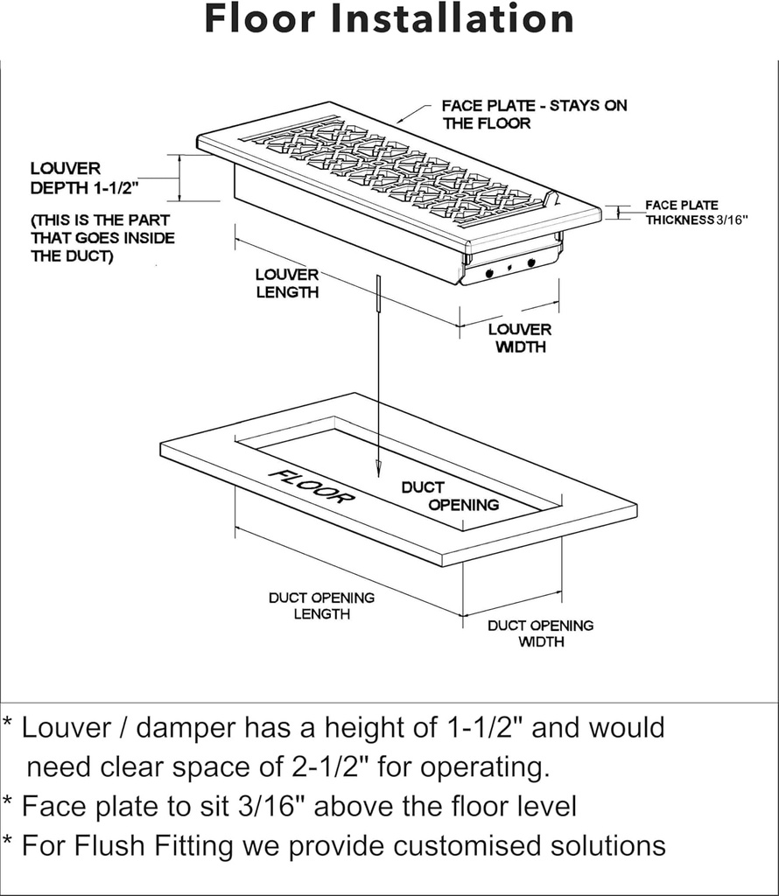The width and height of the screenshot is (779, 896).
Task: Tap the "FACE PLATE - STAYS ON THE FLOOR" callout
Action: coord(534,115)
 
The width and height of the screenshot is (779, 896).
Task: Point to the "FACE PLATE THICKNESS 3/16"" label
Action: coord(695,213)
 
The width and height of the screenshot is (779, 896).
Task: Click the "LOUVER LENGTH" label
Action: coord(287,283)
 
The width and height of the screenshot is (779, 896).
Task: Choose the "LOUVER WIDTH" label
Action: coord(520,338)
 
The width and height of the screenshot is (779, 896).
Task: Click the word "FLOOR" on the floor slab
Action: coord(311,486)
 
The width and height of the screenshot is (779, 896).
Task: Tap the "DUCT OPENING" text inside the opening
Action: coord(450,495)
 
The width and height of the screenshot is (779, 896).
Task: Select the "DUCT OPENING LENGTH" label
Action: coord(321,605)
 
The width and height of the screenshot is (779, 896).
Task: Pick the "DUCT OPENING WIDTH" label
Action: coord(540,633)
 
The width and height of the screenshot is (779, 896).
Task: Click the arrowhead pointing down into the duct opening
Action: coord(377,470)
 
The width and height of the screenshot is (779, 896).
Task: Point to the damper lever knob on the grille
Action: coord(551,199)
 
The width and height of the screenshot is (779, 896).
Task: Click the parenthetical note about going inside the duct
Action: coord(102,238)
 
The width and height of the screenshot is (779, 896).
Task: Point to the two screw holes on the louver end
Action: coord(509,267)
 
